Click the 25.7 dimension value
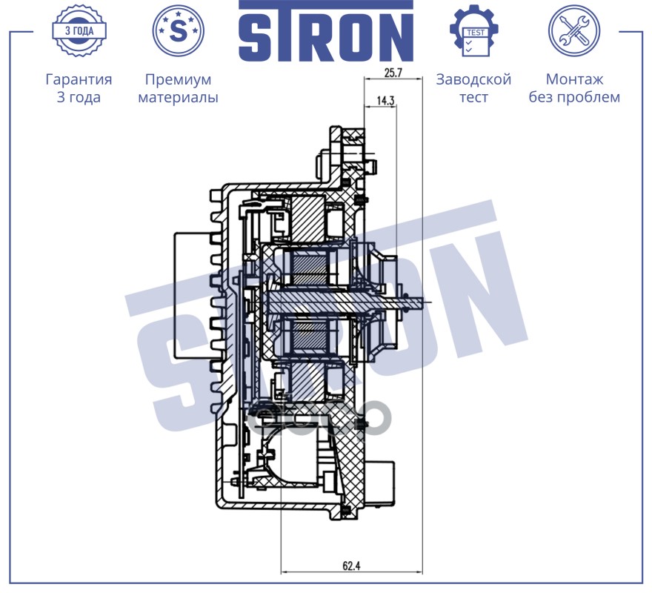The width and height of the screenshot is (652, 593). pos(393,73)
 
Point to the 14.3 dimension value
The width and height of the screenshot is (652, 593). pos(385,100)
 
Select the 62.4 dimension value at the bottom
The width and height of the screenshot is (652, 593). pos(351,566)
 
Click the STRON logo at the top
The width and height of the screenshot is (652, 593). pos(325,31)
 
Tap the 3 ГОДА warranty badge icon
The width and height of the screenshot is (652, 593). pos(79,30)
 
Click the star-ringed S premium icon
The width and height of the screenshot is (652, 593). pos(178,30)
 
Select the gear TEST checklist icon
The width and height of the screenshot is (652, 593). pos(474,30)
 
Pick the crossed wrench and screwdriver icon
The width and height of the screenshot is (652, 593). pos(573,30)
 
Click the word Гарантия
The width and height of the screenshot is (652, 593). pos(79,79)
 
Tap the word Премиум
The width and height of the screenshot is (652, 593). pos(178,79)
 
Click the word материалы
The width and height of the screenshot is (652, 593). pos(178,97)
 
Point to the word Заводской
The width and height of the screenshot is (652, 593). pos(473,79)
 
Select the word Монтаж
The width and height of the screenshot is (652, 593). pos(574,79)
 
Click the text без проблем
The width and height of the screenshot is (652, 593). pos(574,97)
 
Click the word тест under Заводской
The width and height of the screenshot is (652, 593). pos(473,97)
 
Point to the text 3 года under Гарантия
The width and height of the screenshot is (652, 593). pos(79,97)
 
